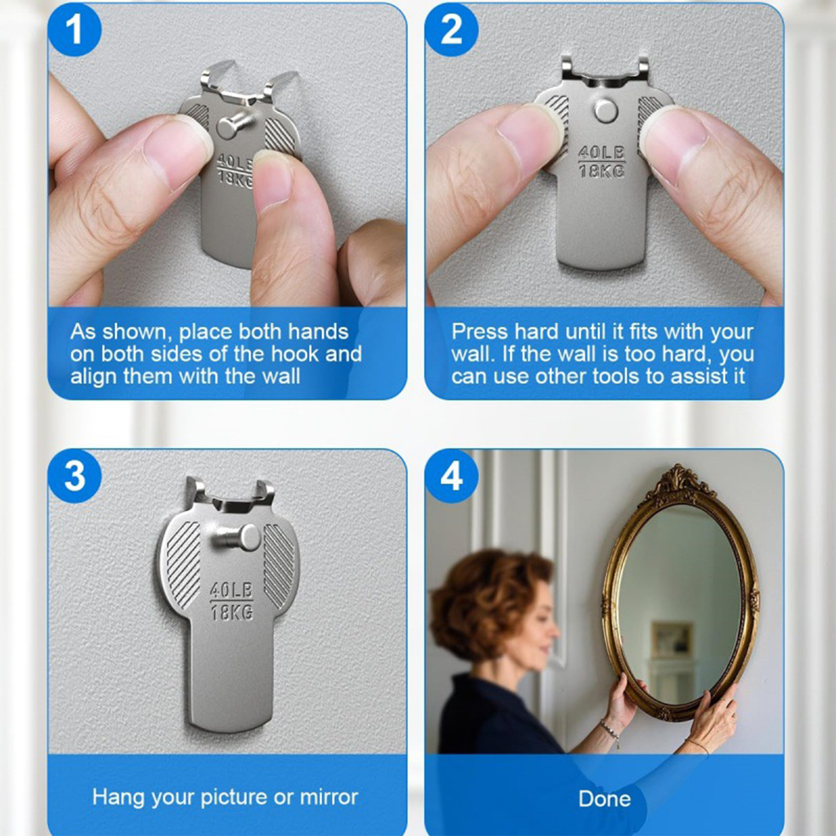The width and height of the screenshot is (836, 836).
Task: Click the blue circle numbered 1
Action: (74, 30)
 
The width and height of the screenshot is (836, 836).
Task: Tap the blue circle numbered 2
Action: (451, 30)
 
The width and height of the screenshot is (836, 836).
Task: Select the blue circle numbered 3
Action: (74, 477)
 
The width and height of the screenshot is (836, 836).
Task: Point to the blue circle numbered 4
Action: (451, 477)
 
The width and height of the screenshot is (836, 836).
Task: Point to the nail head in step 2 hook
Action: (606, 110)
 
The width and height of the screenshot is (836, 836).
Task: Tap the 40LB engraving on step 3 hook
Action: (231, 590)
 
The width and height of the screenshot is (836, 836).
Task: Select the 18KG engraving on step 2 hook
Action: (601, 171)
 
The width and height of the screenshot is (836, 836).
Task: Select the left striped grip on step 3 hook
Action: (182, 565)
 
